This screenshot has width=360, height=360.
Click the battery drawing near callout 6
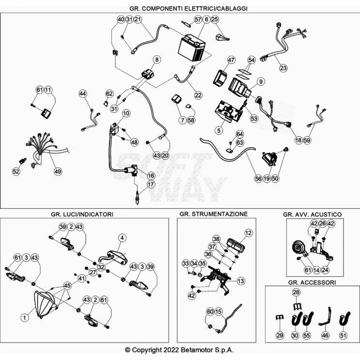pos(192,47)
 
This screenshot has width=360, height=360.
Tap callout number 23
pos(283,68)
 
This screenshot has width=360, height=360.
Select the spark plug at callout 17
pos(137,197)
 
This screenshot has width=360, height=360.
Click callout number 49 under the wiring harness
pos(58,171)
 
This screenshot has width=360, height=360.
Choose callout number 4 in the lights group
pos(122,237)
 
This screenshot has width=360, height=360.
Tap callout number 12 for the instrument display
pos(248,233)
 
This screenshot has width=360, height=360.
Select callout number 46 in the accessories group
pos(325,335)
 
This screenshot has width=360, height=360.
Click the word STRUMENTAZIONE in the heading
pos(219,214)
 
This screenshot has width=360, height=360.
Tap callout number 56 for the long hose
pos(258,178)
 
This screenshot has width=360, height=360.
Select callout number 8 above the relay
pos(157,60)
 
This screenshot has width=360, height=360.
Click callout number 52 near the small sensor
pos(16,171)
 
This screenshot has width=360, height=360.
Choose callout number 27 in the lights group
pos(93,272)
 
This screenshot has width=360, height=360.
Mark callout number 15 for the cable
pos(219,312)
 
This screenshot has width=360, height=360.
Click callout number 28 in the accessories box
pos(296,292)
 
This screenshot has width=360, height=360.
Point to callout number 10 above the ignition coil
pos(126,113)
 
